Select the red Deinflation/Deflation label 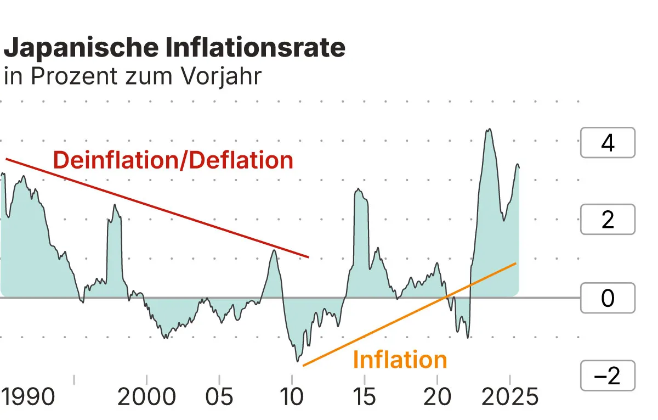point(173,160)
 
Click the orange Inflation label point(400,360)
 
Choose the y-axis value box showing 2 point(608,220)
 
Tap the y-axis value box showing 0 point(608,298)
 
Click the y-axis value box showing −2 point(608,376)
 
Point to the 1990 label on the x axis point(28,396)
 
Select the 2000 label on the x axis point(147,396)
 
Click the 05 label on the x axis point(219,396)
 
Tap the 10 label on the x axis point(292,396)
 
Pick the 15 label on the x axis point(365,396)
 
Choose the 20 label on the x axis point(437,396)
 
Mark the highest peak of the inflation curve point(489,130)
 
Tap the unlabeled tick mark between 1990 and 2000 point(74,379)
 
